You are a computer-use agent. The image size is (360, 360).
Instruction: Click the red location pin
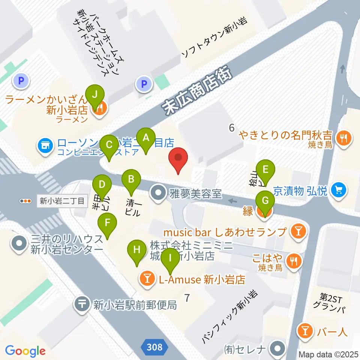pos(178,160)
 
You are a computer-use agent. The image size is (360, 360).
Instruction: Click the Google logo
pos(25,351)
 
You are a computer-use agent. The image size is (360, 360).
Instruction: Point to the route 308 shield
pos(154,347)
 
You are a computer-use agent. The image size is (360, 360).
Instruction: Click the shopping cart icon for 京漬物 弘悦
pos(339,190)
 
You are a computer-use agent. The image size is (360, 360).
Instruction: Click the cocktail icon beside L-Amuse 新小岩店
pos(146,279)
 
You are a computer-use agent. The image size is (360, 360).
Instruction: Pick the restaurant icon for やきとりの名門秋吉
pos(343,138)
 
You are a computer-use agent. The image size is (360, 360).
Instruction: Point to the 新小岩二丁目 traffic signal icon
pos(26,201)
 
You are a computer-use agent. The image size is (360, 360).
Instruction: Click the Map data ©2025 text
pos(328,354)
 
